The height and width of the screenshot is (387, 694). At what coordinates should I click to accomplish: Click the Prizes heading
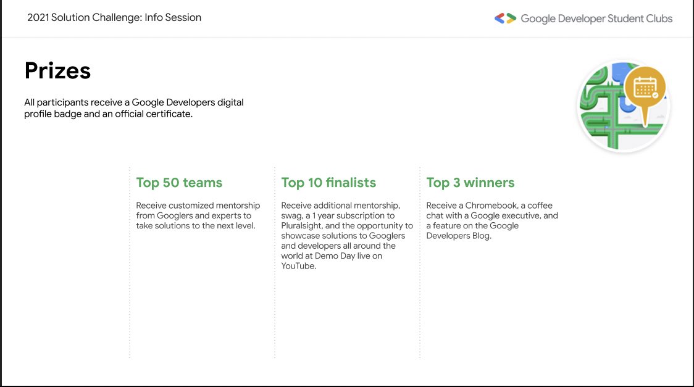coord(57,71)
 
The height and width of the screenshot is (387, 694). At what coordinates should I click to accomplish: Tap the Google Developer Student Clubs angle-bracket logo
coord(506,18)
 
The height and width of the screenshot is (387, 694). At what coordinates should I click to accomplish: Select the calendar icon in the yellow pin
coord(645,87)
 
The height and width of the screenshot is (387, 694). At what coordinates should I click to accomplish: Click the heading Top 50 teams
coord(179,183)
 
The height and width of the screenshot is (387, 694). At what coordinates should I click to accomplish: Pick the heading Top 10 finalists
coord(328,183)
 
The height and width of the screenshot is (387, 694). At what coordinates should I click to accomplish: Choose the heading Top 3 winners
coord(470,183)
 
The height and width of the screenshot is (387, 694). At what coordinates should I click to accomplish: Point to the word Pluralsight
coord(301,226)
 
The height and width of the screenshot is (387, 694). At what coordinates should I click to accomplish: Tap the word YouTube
coord(298,266)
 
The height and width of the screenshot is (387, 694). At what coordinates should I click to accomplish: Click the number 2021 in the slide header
coord(38,18)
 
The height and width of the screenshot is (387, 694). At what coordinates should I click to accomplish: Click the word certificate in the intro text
coord(170,114)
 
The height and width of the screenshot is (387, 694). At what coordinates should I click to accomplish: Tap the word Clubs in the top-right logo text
coord(659,19)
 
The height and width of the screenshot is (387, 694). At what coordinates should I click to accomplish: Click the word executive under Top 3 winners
coord(520,215)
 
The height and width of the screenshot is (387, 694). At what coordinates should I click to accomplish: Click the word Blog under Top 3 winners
coord(481,236)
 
